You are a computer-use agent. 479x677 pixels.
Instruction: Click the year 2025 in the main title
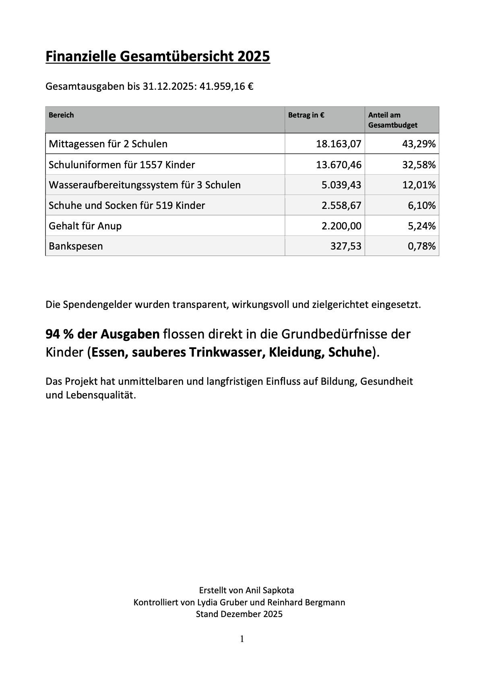coord(253,56)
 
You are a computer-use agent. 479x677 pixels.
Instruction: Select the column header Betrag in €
coord(306,115)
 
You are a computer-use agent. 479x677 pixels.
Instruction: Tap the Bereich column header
coord(61,115)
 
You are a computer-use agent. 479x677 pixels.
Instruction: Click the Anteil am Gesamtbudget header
coord(392,120)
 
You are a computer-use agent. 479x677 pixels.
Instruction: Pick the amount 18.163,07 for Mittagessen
coord(339,144)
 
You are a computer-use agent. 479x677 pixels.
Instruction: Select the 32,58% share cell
coord(419,165)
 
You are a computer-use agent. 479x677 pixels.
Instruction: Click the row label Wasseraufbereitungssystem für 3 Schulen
coord(145,185)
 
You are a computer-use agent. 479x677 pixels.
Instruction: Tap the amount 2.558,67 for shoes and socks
coord(341,206)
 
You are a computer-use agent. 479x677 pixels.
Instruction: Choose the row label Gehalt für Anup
coord(85,226)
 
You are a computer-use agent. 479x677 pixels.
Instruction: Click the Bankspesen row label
coord(76,246)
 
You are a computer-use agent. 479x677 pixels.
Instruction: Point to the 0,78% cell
coord(421,246)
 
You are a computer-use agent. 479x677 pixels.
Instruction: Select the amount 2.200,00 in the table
coord(341,226)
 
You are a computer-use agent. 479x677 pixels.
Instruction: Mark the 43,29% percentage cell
coord(419,144)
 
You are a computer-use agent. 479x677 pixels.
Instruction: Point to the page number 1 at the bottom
coord(242,639)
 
